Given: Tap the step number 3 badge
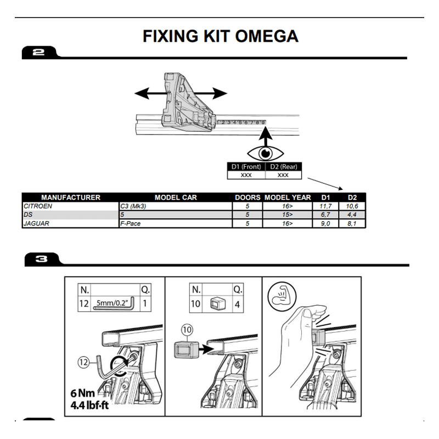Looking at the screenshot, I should tap(41, 260).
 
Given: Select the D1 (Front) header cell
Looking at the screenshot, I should tap(246, 167).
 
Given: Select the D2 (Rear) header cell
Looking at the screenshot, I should tap(283, 167).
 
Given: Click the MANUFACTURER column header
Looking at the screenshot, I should tap(71, 198).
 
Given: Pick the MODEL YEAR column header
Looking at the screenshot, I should tap(288, 198).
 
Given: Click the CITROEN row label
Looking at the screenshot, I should tap(38, 206).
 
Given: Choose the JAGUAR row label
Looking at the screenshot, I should tap(36, 223).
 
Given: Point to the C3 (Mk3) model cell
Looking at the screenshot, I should tap(134, 206).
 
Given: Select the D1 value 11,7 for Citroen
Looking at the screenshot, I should tap(325, 206).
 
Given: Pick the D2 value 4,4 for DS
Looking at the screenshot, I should tap(352, 215).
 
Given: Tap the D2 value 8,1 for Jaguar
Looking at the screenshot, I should tap(352, 223).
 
